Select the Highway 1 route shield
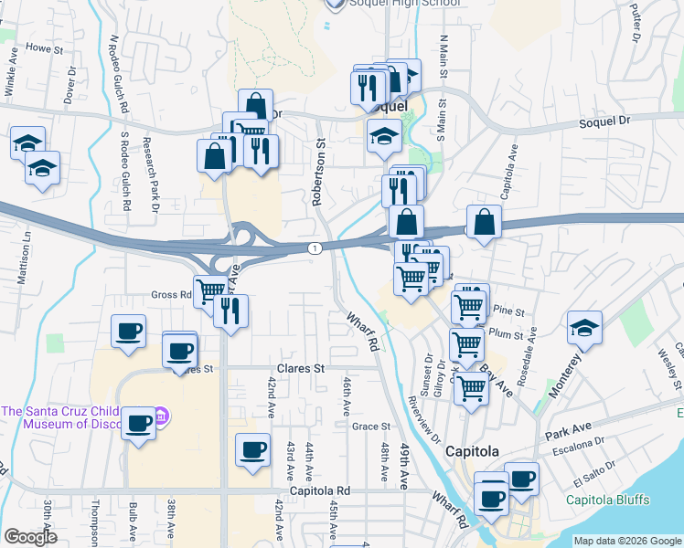[315, 248]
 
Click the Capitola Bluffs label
[608, 500]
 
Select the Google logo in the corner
[30, 537]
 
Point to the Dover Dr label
[70, 82]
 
